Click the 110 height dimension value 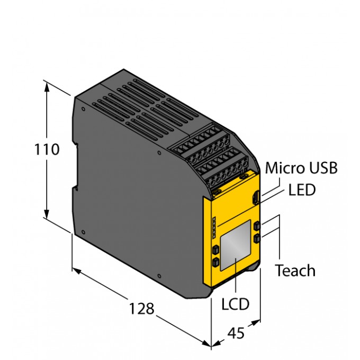pyautogui.click(x=47, y=150)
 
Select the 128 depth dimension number pyautogui.click(x=141, y=308)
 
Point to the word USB pyautogui.click(x=323, y=168)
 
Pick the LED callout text pyautogui.click(x=302, y=190)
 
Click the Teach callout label pyautogui.click(x=295, y=271)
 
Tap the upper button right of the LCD pyautogui.click(x=257, y=226)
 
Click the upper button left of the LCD pyautogui.click(x=215, y=249)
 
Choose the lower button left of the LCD pyautogui.click(x=215, y=262)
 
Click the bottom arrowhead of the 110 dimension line pyautogui.click(x=48, y=214)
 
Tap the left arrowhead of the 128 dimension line pyautogui.click(x=76, y=271)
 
